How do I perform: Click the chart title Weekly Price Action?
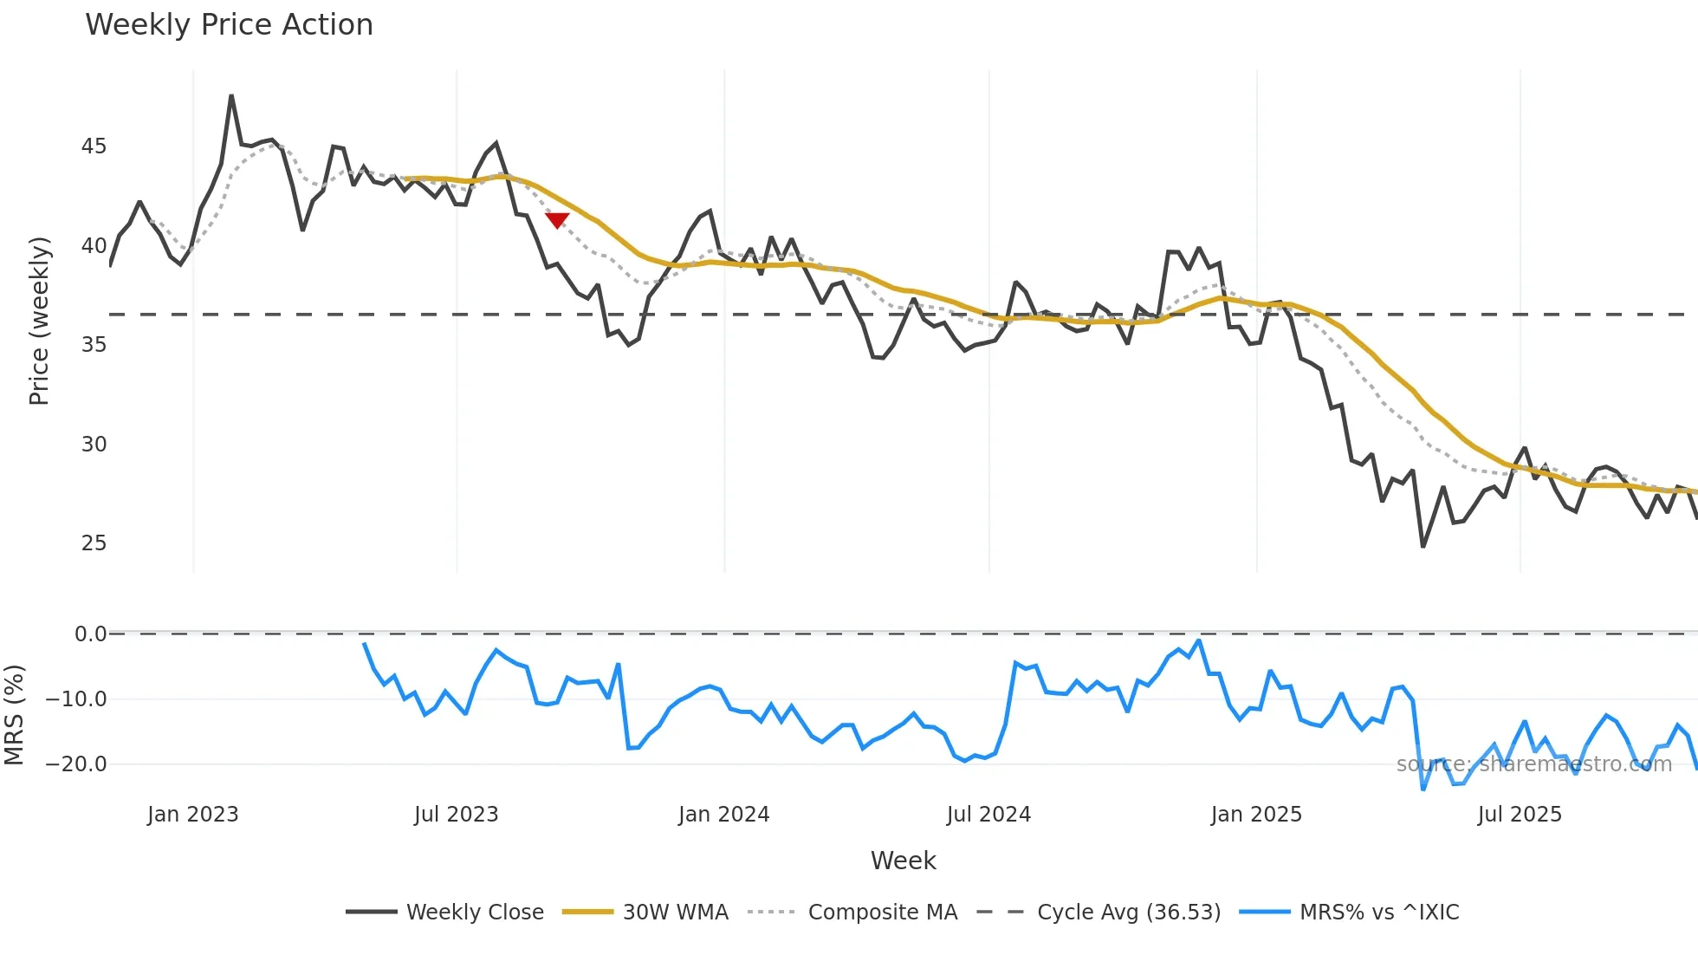tap(229, 25)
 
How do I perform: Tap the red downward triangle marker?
tap(557, 220)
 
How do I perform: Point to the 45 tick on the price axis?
tap(94, 146)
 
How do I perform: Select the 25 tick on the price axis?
tap(94, 543)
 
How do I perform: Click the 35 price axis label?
tap(94, 345)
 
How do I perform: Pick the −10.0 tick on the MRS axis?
tap(76, 699)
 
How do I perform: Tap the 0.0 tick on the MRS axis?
tap(90, 634)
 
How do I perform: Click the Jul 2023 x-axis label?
tap(456, 815)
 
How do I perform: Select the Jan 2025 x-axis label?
tap(1255, 815)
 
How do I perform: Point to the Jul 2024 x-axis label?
tap(988, 815)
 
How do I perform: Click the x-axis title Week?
tap(903, 861)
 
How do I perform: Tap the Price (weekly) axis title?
tap(39, 321)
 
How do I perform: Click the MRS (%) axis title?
tap(14, 715)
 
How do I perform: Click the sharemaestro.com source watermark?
tap(1533, 764)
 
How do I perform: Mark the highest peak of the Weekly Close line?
tap(231, 96)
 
